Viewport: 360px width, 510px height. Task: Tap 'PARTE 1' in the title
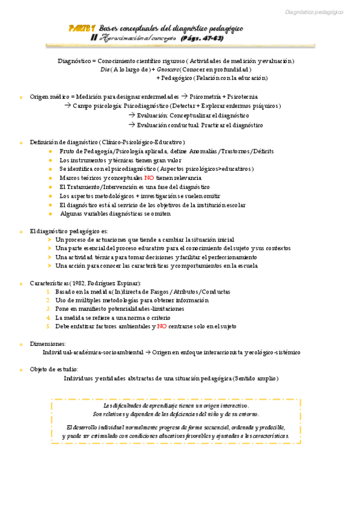click(82, 28)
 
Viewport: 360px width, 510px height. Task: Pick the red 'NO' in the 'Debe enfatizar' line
click(162, 326)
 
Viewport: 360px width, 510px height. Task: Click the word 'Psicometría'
click(206, 96)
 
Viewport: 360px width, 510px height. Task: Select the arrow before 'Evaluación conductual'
click(132, 125)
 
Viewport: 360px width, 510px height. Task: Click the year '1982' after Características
click(77, 283)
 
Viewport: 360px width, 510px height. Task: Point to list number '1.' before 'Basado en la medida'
click(49, 292)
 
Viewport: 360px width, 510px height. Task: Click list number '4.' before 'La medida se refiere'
click(49, 318)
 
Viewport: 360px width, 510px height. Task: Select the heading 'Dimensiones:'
click(48, 343)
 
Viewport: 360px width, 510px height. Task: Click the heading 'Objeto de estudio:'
click(54, 369)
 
